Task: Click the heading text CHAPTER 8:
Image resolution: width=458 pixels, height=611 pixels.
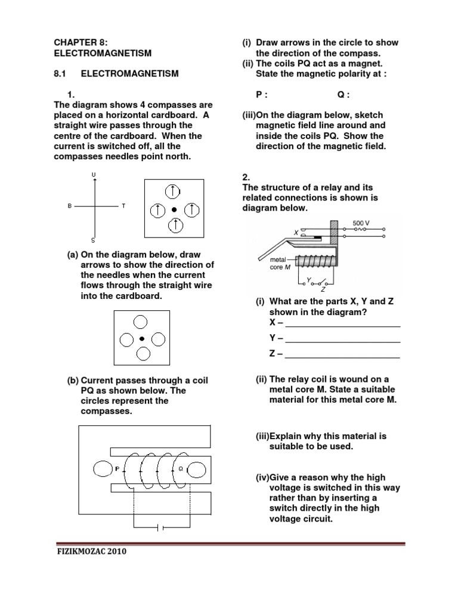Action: pos(81,42)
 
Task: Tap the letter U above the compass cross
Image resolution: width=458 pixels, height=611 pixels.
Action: pos(94,174)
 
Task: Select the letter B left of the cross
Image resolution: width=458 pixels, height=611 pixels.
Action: pos(70,206)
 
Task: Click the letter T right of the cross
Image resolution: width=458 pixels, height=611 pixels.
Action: pos(123,206)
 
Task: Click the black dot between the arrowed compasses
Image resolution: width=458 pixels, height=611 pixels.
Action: pos(174,209)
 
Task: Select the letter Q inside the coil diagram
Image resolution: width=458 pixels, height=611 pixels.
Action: pos(180,470)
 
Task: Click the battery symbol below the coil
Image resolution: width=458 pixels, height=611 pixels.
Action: pos(160,527)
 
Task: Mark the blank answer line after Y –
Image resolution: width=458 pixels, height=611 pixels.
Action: pos(342,341)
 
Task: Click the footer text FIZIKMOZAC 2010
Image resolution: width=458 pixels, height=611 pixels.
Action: pos(91,552)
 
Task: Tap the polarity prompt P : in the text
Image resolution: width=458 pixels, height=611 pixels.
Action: pos(262,94)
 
